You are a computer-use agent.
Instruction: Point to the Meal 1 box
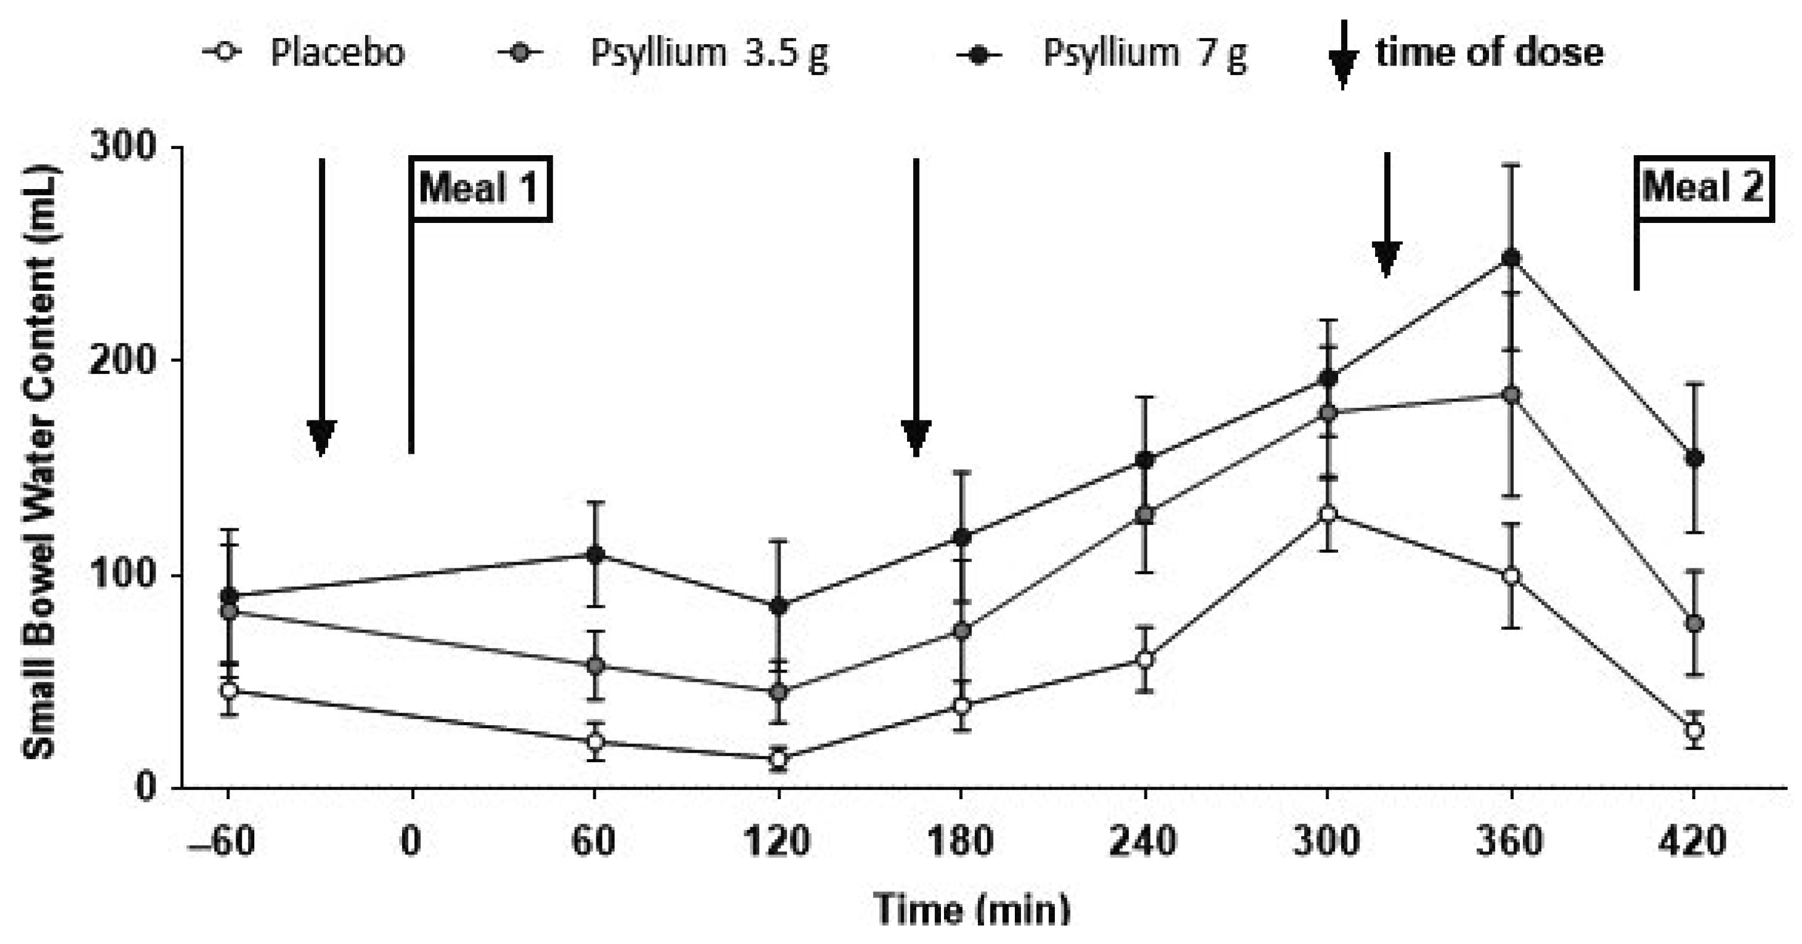pos(480,188)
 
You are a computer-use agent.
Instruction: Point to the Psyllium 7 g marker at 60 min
pos(595,555)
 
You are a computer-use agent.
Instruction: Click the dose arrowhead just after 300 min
pos(1387,258)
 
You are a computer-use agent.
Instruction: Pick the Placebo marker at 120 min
pos(778,758)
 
